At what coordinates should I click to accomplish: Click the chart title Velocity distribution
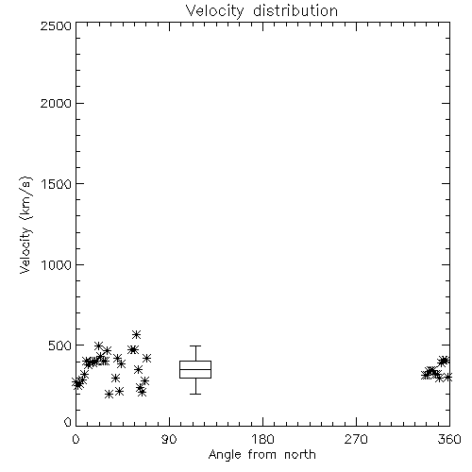click(x=261, y=11)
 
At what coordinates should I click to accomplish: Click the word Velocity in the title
click(x=215, y=11)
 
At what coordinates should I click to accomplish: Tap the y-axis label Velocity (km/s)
click(x=25, y=226)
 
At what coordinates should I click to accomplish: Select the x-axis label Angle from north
click(x=261, y=455)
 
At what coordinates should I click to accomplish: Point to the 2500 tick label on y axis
click(x=56, y=25)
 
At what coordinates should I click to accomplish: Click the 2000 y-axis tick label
click(x=56, y=103)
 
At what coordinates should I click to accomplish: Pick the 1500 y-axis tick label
click(x=57, y=184)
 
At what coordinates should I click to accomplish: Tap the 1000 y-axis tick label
click(x=57, y=264)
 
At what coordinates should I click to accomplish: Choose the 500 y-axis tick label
click(x=60, y=346)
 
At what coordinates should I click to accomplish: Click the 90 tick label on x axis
click(x=169, y=439)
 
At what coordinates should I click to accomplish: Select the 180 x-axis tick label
click(x=262, y=439)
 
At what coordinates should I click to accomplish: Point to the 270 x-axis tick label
click(x=356, y=439)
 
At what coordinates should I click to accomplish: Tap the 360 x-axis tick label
click(x=449, y=439)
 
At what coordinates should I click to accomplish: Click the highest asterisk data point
click(x=136, y=334)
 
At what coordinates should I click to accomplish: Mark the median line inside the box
click(x=195, y=369)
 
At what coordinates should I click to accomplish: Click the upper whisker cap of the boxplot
click(x=195, y=346)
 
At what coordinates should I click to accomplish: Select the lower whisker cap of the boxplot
click(x=195, y=394)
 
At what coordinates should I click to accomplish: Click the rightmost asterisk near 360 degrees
click(x=447, y=377)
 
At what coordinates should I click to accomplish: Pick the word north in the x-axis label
click(x=300, y=455)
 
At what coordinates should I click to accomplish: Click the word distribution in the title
click(x=295, y=11)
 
